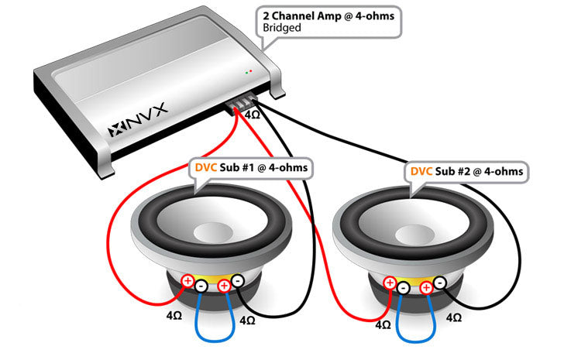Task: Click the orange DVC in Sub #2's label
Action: pyautogui.click(x=421, y=171)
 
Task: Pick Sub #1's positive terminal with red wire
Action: pyautogui.click(x=187, y=281)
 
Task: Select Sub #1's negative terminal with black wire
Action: pyautogui.click(x=238, y=281)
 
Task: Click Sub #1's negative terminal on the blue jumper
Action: pyautogui.click(x=201, y=286)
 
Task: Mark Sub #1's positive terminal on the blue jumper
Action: pyautogui.click(x=224, y=286)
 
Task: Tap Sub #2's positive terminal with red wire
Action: pyautogui.click(x=390, y=283)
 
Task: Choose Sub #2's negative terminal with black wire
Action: pyautogui.click(x=440, y=283)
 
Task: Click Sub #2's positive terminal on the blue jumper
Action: pyautogui.click(x=426, y=288)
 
